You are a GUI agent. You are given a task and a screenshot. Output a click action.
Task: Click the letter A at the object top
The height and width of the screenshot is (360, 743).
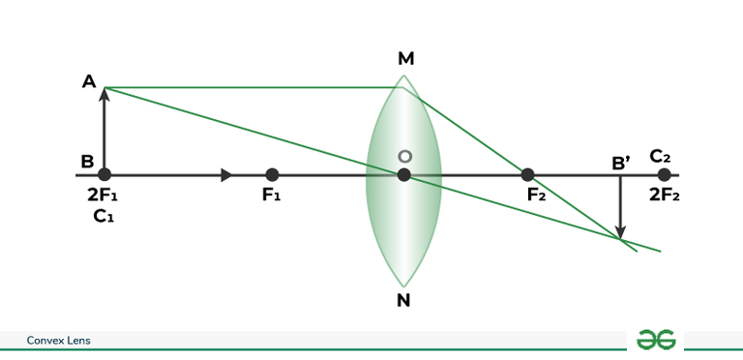[x=89, y=82]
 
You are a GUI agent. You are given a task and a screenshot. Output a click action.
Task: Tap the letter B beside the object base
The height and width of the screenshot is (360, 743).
[x=88, y=161]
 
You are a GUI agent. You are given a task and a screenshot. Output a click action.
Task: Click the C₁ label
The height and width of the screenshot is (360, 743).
[x=104, y=217]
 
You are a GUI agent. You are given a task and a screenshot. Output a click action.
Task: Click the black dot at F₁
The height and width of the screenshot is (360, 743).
[x=272, y=175]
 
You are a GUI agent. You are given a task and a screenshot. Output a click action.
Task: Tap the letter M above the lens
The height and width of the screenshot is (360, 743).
[x=406, y=59]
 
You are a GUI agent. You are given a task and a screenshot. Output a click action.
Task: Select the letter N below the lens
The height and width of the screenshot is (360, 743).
[x=403, y=300]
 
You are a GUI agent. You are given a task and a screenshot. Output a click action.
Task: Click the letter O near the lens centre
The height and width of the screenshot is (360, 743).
[x=405, y=157]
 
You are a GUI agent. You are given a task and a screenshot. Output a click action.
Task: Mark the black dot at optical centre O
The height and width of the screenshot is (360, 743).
[x=404, y=175]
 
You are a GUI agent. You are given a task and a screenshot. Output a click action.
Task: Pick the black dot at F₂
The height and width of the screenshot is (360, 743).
[x=527, y=175]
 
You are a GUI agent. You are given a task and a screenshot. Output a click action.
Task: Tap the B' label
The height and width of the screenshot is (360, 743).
[x=621, y=162]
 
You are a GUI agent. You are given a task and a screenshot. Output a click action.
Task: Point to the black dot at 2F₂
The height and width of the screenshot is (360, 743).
[x=664, y=175]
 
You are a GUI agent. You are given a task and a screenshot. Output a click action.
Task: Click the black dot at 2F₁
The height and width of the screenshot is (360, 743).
[x=104, y=175]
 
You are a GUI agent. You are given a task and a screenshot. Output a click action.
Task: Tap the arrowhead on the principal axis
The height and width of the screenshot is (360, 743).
[x=226, y=175]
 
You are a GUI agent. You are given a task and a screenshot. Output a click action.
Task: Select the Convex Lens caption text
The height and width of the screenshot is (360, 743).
[x=58, y=340]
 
